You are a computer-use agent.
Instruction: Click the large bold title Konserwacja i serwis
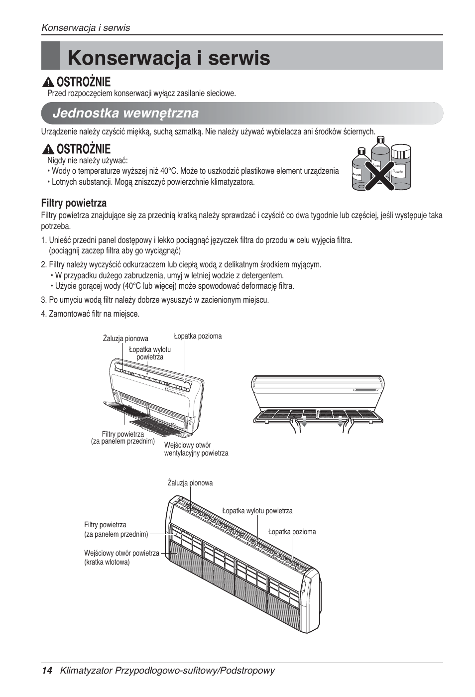point(169,58)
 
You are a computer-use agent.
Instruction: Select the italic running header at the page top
point(86,28)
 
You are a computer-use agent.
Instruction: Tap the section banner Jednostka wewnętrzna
point(125,114)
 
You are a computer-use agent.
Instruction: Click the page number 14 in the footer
point(47,670)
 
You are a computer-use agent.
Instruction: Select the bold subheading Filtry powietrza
point(74,203)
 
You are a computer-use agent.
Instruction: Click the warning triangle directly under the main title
point(48,82)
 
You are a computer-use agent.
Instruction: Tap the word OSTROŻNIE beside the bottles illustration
point(83,149)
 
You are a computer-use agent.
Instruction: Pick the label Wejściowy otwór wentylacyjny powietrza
point(196,449)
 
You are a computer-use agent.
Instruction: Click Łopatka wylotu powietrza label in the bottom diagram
point(257,511)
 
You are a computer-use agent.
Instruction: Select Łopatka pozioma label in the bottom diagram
point(292,532)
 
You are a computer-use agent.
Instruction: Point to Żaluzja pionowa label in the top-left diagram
point(125,339)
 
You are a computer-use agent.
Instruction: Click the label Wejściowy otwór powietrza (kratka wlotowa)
point(121,558)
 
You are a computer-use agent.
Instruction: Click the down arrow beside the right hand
point(341,421)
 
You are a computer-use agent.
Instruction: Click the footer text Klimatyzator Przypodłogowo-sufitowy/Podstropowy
point(167,670)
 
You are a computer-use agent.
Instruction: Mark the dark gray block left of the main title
point(50,56)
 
